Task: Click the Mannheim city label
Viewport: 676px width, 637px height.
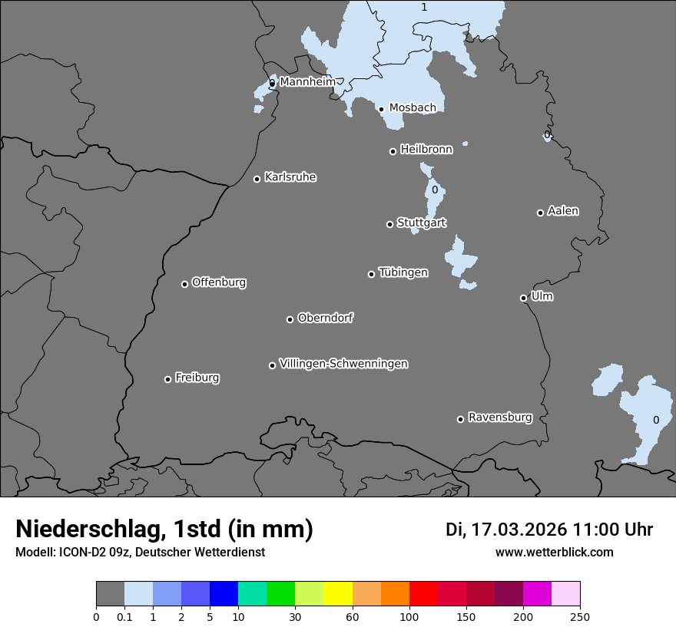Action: tap(307, 82)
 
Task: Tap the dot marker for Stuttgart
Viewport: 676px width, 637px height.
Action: tap(389, 224)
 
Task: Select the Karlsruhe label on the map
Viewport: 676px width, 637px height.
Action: tap(290, 177)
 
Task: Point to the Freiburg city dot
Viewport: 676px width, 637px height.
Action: tap(167, 379)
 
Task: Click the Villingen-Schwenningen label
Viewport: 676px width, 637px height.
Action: tap(343, 364)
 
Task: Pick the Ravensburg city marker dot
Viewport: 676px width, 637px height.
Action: tap(460, 419)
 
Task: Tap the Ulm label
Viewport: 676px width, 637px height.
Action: tap(542, 296)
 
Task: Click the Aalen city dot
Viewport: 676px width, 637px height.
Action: tap(540, 213)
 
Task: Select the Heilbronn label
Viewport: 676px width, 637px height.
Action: tap(426, 150)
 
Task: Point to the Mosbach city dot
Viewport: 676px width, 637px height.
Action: tap(381, 109)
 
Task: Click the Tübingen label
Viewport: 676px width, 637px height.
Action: tap(403, 272)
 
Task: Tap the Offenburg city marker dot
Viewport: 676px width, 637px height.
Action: tap(184, 284)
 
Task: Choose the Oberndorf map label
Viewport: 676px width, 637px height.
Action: tap(325, 318)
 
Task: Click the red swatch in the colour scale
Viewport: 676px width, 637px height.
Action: tap(423, 594)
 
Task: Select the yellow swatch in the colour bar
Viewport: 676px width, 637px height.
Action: tap(338, 594)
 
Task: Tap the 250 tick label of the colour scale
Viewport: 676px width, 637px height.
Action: tap(580, 616)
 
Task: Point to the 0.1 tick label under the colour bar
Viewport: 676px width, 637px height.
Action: tap(124, 616)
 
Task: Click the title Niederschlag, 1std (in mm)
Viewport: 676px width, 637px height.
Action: tap(164, 530)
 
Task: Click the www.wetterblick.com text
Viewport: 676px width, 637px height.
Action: tap(554, 552)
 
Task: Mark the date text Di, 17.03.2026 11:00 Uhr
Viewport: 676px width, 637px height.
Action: tap(549, 530)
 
